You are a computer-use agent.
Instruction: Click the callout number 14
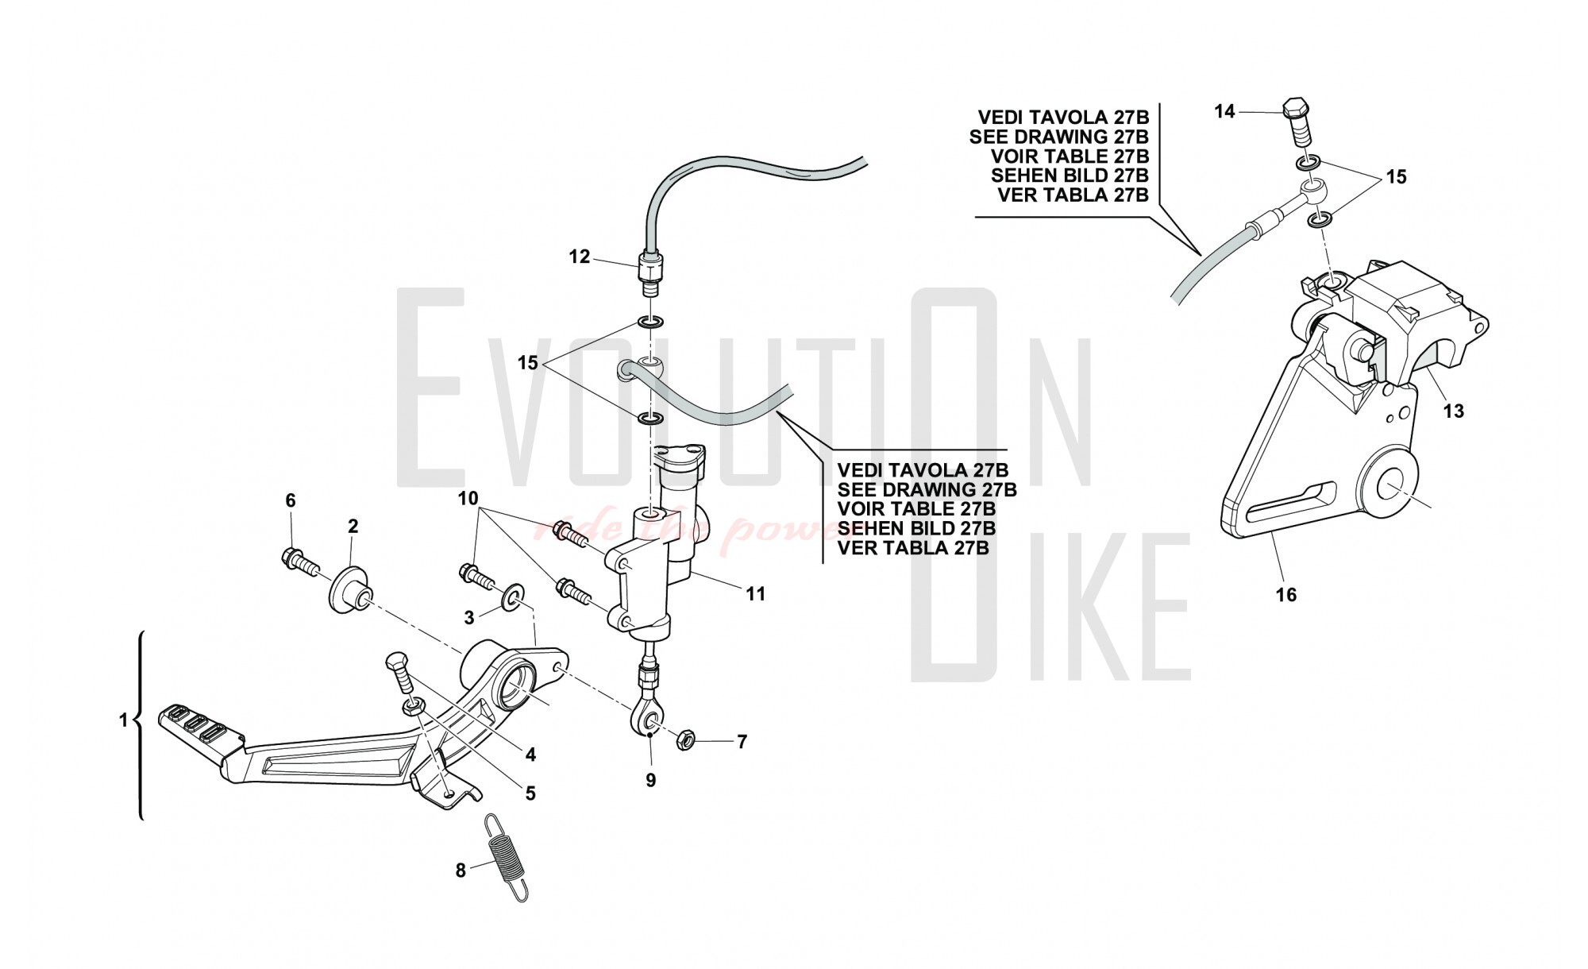(x=1225, y=112)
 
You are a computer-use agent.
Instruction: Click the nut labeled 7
(x=686, y=741)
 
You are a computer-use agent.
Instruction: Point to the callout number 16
(x=1285, y=594)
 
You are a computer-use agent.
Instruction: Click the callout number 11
(x=755, y=593)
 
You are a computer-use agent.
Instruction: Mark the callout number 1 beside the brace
(x=123, y=720)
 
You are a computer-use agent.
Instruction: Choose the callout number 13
(x=1453, y=411)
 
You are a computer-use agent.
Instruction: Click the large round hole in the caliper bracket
(x=1389, y=485)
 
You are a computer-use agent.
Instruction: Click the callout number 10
(x=468, y=498)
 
